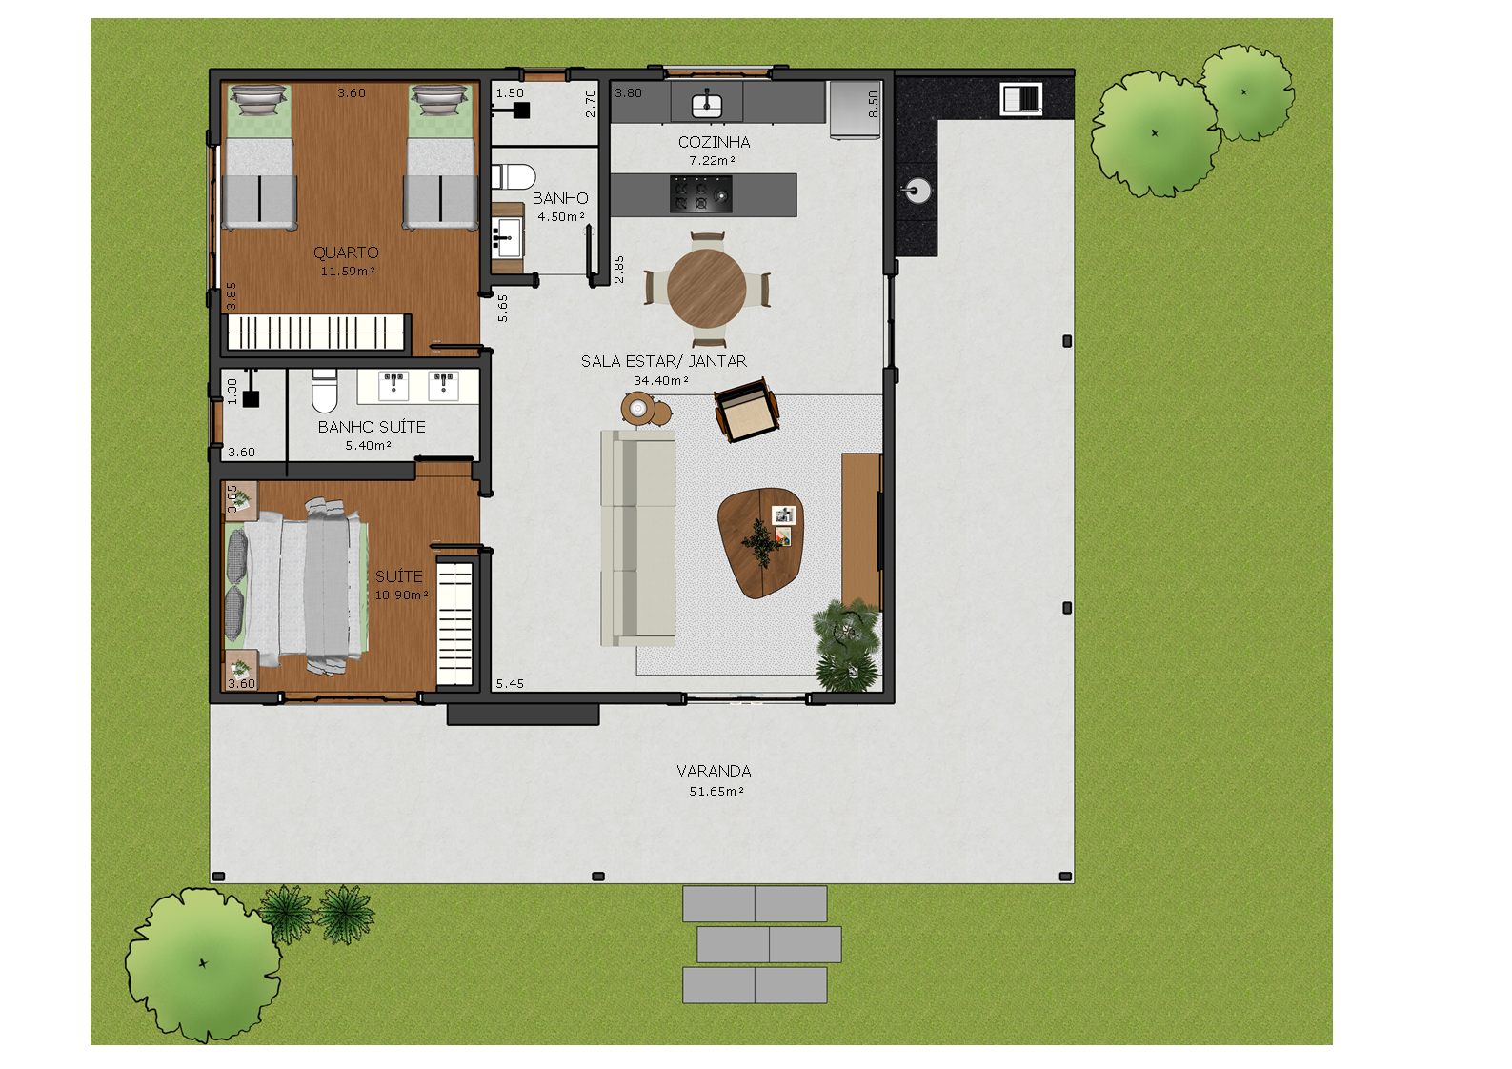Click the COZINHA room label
pos(714,142)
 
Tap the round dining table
pos(707,288)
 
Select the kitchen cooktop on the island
pos(700,193)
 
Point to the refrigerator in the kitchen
pos(854,110)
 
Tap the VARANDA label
pos(714,771)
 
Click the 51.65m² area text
pos(716,792)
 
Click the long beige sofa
pos(637,537)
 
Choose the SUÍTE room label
pos(398,576)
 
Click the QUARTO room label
pos(346,252)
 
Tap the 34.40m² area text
pos(660,380)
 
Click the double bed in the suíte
pos(295,584)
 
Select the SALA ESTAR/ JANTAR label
pos(663,361)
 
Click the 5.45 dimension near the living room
pos(510,684)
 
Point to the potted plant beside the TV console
pos(845,643)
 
